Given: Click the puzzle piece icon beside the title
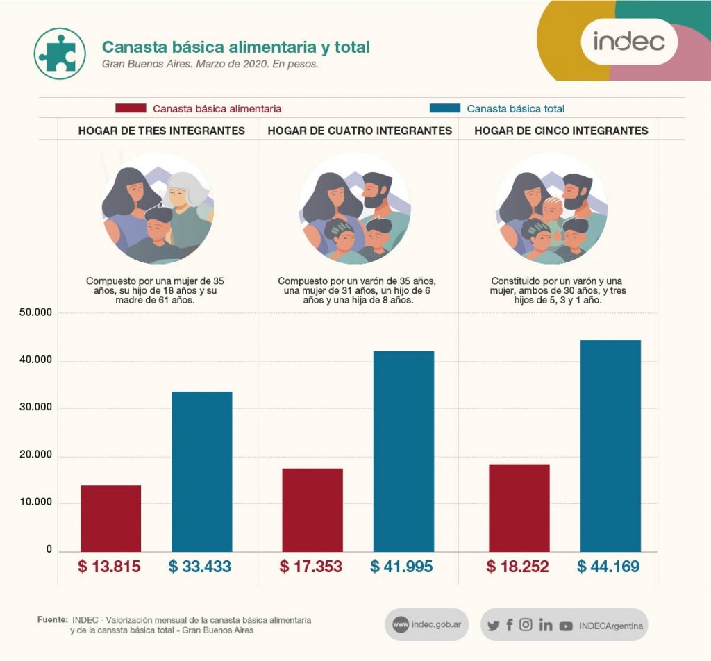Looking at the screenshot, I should point(59,53).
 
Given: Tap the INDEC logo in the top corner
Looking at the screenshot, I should point(628,42).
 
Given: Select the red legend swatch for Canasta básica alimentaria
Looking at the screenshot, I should point(131,108).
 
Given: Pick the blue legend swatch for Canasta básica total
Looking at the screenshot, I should point(445,108).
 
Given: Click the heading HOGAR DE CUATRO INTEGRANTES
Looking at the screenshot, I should point(360,131).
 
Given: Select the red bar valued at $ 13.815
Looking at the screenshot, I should point(110,518).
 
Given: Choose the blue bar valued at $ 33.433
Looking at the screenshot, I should point(201,471).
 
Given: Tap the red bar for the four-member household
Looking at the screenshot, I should point(312,510).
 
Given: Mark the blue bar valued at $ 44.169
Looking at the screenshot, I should point(610,446).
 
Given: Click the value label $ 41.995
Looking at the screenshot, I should point(401,567).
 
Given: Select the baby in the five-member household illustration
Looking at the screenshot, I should point(553,210).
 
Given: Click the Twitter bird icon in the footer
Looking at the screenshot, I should point(493,626).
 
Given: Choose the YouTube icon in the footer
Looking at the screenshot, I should point(566,626).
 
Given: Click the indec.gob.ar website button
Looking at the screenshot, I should point(426,624).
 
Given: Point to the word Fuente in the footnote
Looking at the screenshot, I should point(52,618).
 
